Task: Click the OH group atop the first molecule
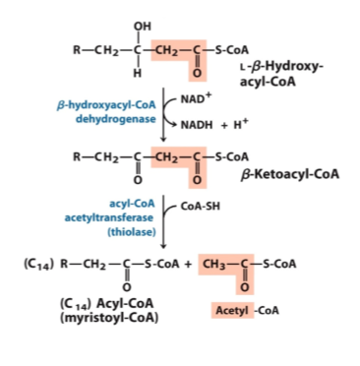click(x=143, y=27)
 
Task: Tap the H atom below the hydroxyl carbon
click(x=138, y=73)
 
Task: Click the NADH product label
click(x=197, y=125)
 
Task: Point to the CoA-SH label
click(x=201, y=207)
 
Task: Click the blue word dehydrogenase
click(x=116, y=119)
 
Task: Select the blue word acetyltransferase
click(x=109, y=217)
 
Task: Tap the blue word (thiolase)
click(x=132, y=232)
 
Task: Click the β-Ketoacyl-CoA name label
click(x=290, y=174)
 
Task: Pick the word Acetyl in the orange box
click(x=232, y=310)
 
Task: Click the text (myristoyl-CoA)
click(x=109, y=318)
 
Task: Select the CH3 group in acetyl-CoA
click(x=214, y=264)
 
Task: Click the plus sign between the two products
click(x=188, y=264)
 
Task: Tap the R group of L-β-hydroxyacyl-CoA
click(x=77, y=50)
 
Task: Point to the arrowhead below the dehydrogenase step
click(x=163, y=139)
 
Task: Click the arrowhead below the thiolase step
click(x=163, y=246)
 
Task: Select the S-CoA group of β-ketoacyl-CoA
click(x=232, y=156)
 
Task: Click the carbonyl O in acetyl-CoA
click(x=245, y=287)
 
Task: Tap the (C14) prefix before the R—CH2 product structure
click(x=38, y=265)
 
